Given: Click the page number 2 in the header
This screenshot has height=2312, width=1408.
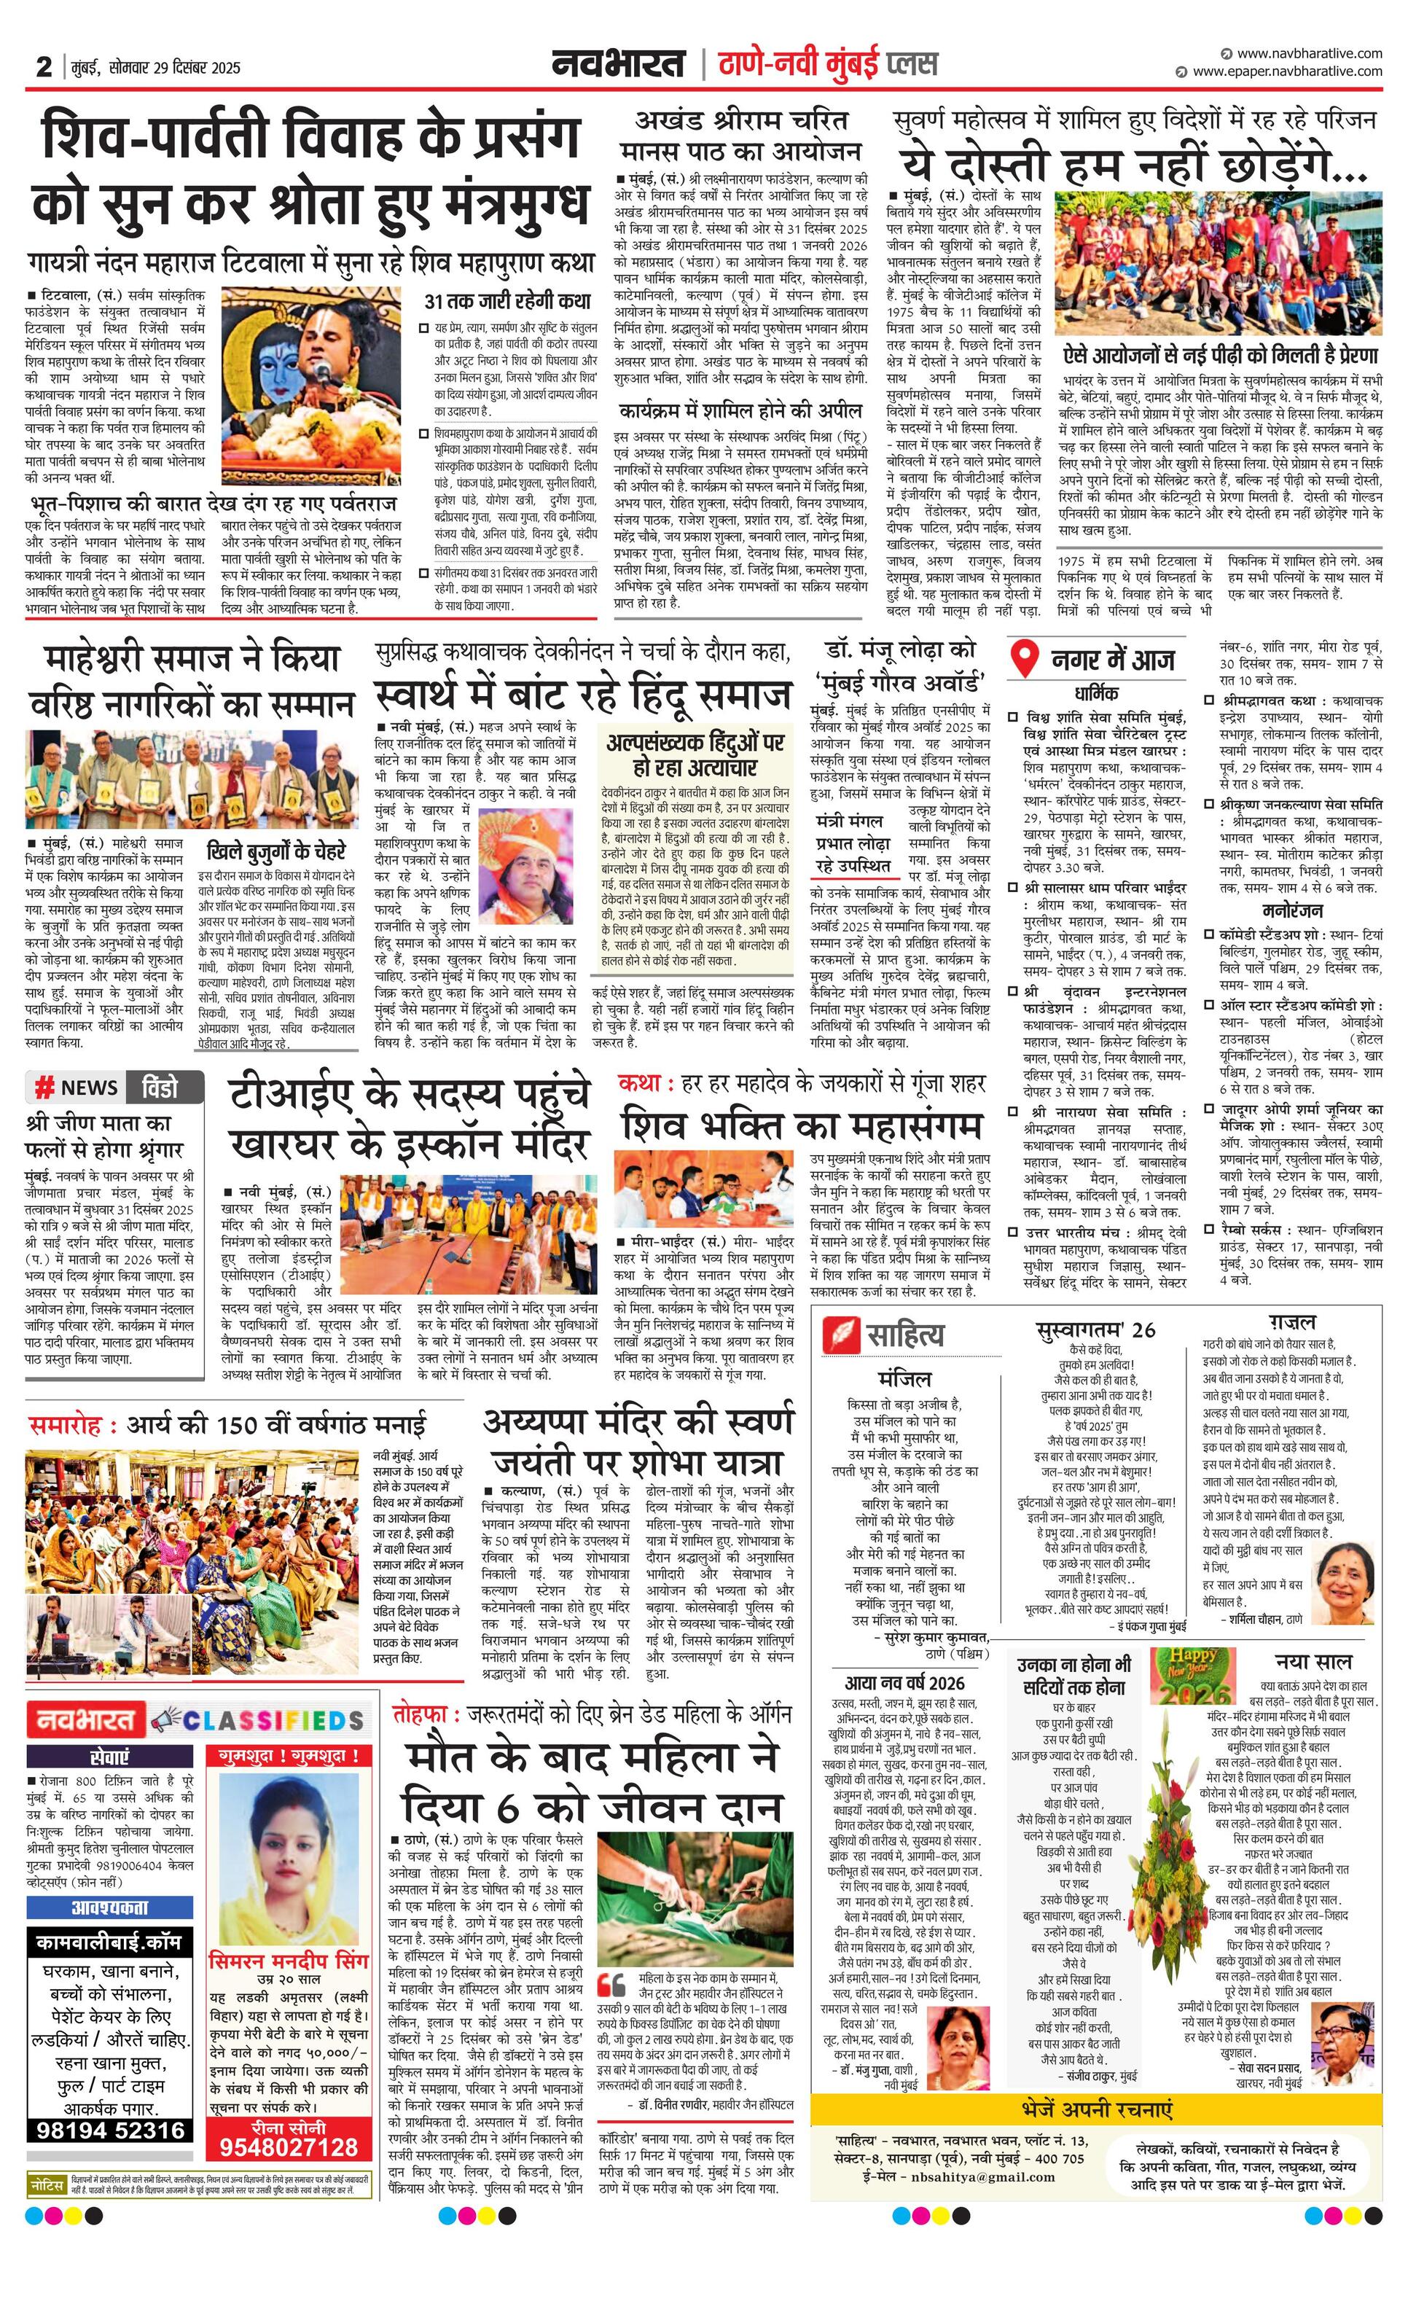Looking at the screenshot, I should click(43, 66).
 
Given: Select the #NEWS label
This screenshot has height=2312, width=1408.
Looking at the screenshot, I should click(76, 1087).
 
